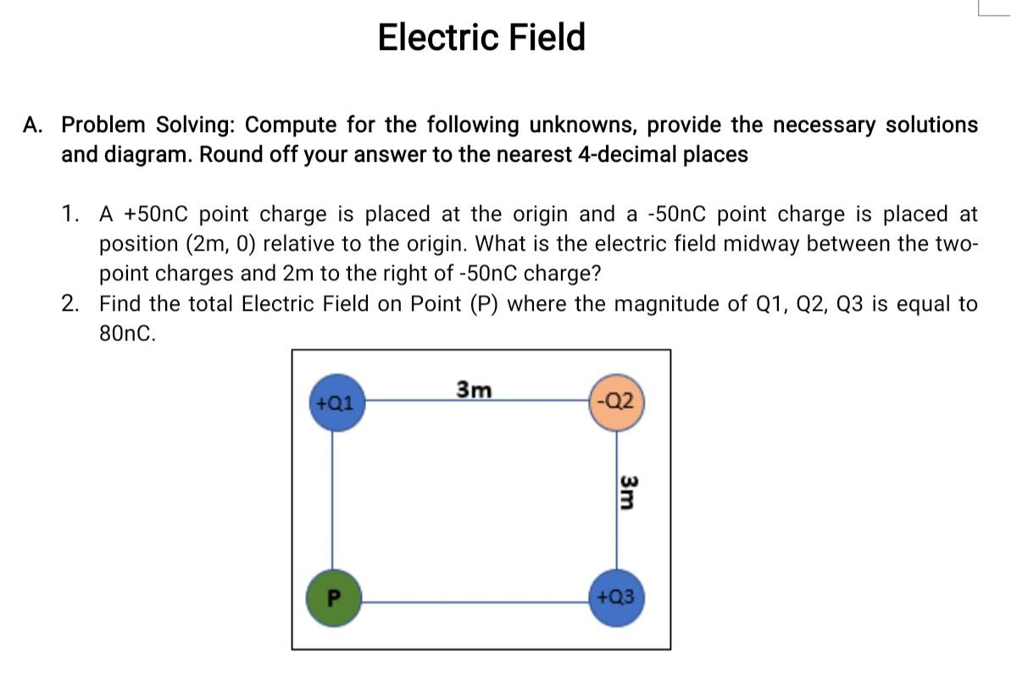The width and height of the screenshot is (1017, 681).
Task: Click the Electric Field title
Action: (x=481, y=38)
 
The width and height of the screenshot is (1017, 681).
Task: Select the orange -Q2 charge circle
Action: (x=618, y=401)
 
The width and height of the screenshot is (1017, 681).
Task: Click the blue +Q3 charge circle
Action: (x=617, y=596)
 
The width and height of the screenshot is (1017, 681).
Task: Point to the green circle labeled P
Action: (x=333, y=597)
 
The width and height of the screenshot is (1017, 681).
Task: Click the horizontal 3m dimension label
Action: (x=474, y=389)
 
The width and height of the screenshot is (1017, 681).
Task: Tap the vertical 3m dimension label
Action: (x=628, y=491)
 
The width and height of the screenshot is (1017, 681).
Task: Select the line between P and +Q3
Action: (x=475, y=601)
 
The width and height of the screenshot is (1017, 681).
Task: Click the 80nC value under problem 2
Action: (x=128, y=334)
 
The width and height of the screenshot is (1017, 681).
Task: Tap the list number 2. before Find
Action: (x=72, y=304)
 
